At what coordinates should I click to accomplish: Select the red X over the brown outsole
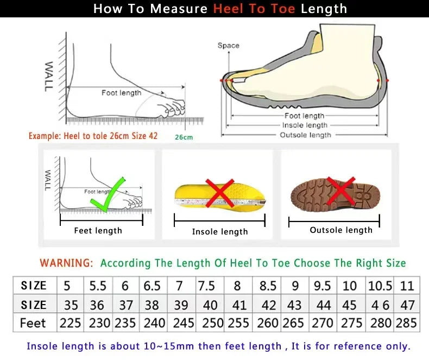340,191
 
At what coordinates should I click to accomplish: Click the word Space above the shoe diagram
228,46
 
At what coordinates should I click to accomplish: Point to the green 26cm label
184,137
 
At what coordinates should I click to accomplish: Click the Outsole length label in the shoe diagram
305,135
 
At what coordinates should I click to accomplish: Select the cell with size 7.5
206,286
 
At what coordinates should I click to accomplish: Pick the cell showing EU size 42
268,305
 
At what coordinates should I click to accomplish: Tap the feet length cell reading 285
407,323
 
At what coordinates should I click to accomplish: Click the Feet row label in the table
33,323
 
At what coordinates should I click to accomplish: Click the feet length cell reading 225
71,323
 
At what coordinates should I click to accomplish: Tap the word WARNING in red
66,263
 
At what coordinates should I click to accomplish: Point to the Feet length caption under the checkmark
98,231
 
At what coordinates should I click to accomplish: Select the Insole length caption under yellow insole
220,232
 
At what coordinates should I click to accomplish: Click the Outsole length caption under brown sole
341,230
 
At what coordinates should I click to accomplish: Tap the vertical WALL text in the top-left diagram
49,76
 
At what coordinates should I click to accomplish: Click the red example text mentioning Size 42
93,136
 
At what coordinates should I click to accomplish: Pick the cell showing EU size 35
71,305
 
